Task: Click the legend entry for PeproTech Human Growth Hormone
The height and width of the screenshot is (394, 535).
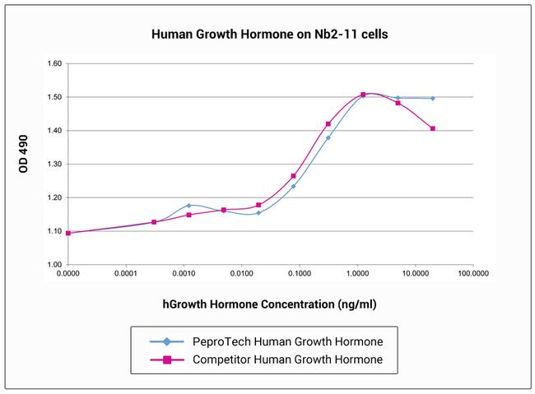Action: click(x=286, y=341)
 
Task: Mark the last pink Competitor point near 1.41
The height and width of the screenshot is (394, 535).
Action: click(x=432, y=128)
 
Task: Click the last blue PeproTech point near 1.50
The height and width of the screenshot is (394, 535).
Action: click(x=432, y=98)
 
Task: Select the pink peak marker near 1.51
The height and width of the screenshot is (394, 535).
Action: click(x=363, y=95)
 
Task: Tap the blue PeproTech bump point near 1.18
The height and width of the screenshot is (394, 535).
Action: click(x=188, y=206)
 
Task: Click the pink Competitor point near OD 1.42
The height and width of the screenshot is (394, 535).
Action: click(x=328, y=124)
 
